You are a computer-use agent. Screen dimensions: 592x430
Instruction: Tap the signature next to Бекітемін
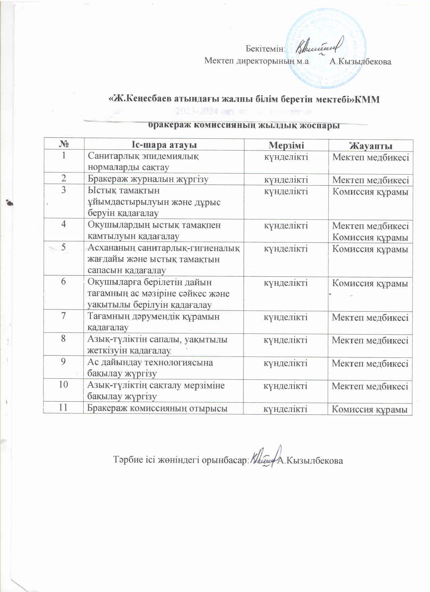point(319,49)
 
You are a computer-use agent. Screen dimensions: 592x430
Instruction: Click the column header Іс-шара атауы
point(164,145)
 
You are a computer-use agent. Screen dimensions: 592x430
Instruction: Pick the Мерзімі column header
point(286,145)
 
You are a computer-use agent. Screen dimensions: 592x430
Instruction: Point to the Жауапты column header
point(370,146)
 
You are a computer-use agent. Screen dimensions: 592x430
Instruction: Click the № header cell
point(63,145)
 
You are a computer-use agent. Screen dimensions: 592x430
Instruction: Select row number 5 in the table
point(63,247)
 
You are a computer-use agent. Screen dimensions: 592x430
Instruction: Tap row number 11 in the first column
point(63,408)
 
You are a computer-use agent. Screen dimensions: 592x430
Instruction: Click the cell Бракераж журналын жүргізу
point(148,179)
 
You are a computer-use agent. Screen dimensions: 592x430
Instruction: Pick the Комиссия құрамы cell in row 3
point(370,192)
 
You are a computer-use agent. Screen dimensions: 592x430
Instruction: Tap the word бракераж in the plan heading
point(166,126)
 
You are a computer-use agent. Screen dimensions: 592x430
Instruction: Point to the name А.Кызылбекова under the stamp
point(360,61)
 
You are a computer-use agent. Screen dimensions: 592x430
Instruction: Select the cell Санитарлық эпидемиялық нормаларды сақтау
point(143,162)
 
